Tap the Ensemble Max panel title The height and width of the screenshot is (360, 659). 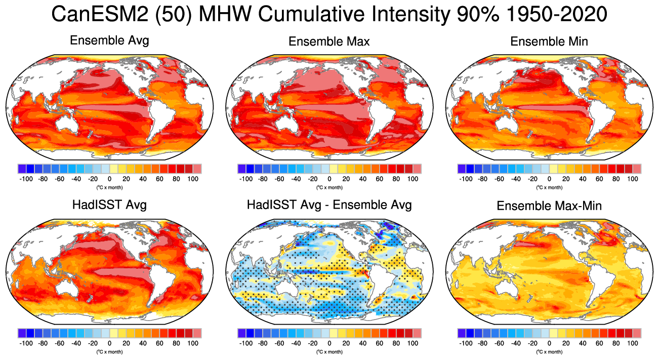329,42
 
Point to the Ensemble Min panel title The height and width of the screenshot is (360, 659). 549,42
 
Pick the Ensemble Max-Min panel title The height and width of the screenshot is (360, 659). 549,206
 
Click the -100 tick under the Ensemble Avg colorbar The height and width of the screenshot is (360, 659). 26,179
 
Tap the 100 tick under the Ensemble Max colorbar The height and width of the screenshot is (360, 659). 413,179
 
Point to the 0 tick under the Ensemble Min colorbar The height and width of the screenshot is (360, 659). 549,179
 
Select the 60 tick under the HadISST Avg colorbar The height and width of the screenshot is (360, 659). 159,343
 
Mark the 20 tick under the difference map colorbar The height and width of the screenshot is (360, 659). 346,343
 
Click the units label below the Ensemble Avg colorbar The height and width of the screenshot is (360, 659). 109,187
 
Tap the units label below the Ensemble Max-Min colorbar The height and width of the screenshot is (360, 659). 549,351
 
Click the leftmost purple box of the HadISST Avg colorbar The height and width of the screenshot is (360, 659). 22,333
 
